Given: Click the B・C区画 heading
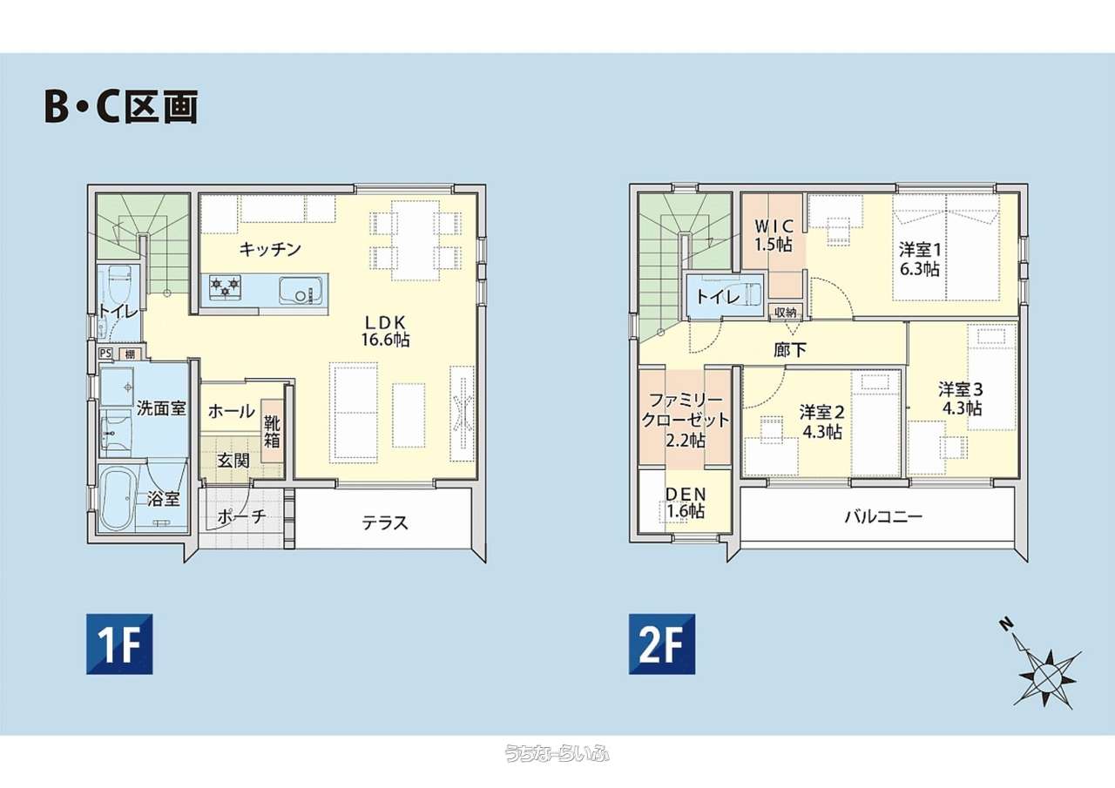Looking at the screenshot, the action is click(121, 106).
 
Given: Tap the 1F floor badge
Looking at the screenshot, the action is click(119, 643).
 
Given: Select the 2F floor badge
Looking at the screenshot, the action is click(662, 643).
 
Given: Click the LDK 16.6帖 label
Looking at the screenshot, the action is click(386, 331).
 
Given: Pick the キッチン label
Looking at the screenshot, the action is click(270, 249).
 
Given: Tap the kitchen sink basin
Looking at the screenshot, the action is click(300, 290).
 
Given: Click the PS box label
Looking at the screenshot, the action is click(105, 354).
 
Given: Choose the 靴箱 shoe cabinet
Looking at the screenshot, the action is click(272, 431).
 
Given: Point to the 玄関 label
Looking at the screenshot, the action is click(233, 461).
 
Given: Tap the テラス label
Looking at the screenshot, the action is click(385, 522).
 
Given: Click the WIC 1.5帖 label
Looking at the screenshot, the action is click(773, 235).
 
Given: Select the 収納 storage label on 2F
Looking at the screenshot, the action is click(785, 313).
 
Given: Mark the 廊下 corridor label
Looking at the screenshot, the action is click(790, 350).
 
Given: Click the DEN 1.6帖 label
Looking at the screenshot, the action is click(686, 502).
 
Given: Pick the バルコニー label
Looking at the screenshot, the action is click(883, 517).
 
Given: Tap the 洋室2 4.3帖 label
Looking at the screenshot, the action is click(821, 421).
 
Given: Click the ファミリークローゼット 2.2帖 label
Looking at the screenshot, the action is click(685, 421).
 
